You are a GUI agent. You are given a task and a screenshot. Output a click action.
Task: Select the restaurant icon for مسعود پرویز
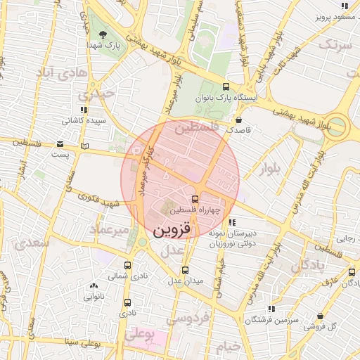pyautogui.click(x=345, y=6)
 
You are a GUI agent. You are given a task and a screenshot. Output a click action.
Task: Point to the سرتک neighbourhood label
pyautogui.click(x=334, y=45)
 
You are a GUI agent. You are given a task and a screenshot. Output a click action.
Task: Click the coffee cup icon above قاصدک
pyautogui.click(x=240, y=120)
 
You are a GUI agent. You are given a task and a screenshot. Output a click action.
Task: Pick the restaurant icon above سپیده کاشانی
pyautogui.click(x=84, y=110)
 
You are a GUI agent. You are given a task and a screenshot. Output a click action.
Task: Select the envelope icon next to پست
pyautogui.click(x=86, y=146)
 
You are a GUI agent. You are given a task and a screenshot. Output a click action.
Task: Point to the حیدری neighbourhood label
pyautogui.click(x=96, y=92)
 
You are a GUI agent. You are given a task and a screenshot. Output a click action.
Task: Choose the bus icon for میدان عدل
pyautogui.click(x=186, y=270)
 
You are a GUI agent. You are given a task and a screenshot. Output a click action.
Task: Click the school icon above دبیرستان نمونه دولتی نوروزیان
pyautogui.click(x=233, y=223)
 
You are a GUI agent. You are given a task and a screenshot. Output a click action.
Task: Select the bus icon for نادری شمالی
pyautogui.click(x=127, y=266)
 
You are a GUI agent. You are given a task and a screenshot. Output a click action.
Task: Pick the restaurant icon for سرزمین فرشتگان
pyautogui.click(x=270, y=309)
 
